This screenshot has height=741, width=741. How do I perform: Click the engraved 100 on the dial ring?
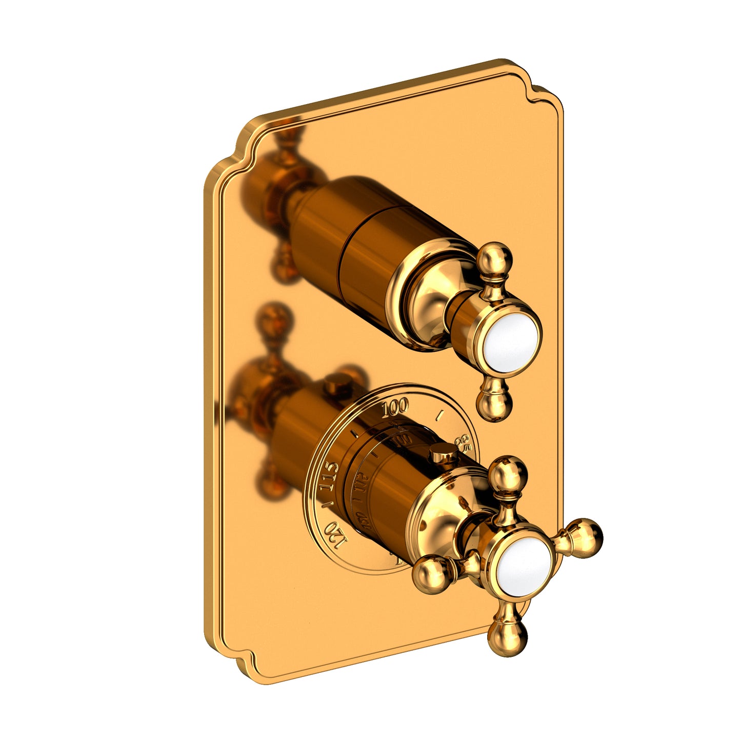(x=395, y=408)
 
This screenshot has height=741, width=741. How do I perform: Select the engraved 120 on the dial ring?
(x=334, y=535)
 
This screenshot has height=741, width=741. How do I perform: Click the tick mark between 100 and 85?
(x=438, y=413)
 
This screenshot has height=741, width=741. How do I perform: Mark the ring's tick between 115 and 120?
(x=325, y=508)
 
